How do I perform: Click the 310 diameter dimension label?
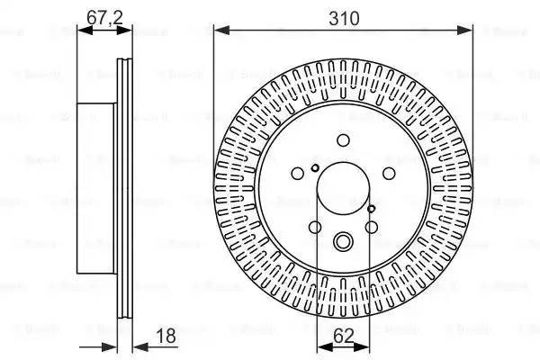coord(343,18)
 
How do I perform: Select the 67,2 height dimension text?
coord(102,18)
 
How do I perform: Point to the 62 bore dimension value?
coord(343,337)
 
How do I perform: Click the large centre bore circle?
coord(343,190)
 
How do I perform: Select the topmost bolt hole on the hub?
coord(343,139)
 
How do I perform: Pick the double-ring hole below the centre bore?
coord(343,241)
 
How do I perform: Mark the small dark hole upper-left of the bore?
coord(314,167)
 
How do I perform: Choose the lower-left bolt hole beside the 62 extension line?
coord(316,227)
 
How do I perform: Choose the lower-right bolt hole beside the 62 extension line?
coord(371,227)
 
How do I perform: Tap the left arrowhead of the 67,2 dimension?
coord(83,31)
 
